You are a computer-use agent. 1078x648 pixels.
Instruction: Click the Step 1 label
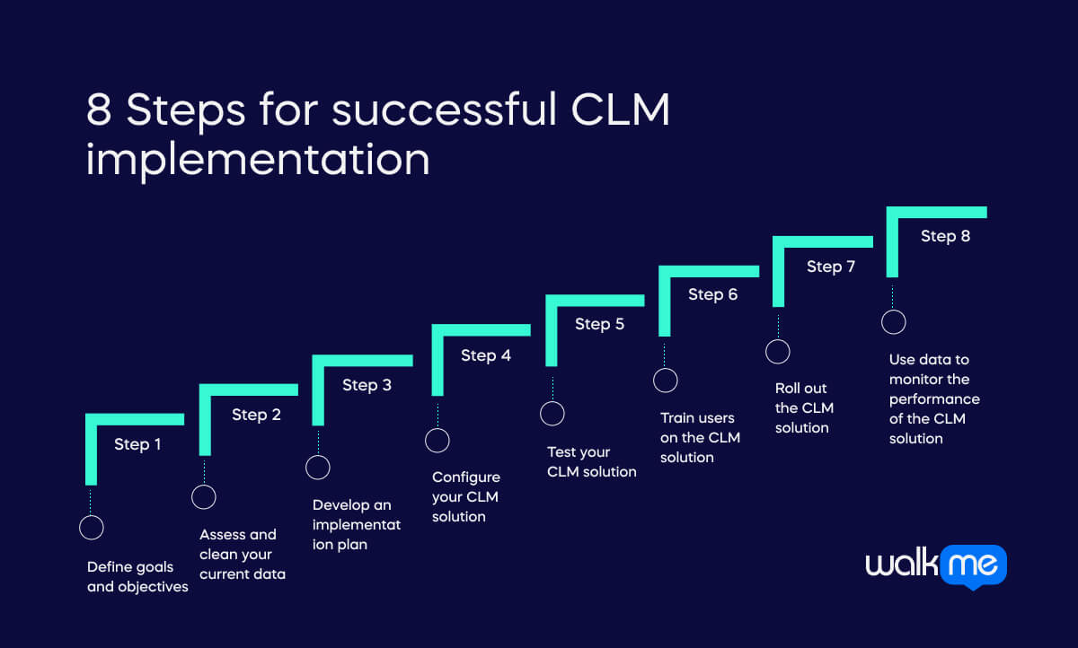point(137,444)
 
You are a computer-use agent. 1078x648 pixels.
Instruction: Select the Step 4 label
point(486,355)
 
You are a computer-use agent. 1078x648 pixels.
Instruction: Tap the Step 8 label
point(945,237)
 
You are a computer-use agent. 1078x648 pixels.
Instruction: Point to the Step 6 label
point(712,294)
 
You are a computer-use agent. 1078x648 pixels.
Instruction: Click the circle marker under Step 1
point(91,527)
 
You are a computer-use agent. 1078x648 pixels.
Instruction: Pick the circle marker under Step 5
point(552,414)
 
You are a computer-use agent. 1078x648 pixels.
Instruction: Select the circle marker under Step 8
point(893,322)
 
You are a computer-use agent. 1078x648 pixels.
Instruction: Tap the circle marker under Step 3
point(318,468)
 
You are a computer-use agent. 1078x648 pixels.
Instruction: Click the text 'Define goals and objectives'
point(137,577)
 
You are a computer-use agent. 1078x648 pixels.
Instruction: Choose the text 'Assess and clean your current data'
point(242,554)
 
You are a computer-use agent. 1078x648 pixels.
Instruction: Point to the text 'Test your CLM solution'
point(591,462)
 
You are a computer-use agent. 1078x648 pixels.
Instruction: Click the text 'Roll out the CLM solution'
point(804,408)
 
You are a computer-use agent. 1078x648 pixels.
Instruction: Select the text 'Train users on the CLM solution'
point(700,437)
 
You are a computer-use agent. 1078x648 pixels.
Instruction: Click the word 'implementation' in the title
point(258,158)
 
